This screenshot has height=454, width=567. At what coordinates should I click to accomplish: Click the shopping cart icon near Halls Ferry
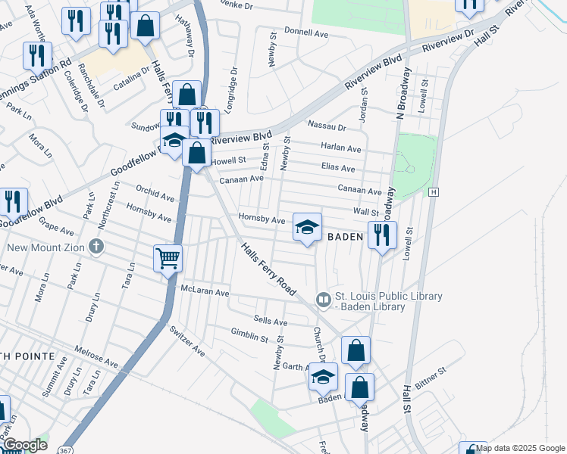168,259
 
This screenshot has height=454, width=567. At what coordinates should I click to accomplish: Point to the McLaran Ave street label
205,291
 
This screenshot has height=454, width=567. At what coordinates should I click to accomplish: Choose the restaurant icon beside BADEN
381,235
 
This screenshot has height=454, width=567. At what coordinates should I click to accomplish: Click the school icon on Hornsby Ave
307,227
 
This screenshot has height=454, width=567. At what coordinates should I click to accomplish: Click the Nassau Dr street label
326,127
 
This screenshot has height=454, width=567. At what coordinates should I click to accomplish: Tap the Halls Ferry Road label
268,269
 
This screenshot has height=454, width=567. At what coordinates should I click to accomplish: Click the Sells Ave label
271,322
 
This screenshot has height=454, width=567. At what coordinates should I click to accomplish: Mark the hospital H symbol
433,193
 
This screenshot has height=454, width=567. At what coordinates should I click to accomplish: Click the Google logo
26,445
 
